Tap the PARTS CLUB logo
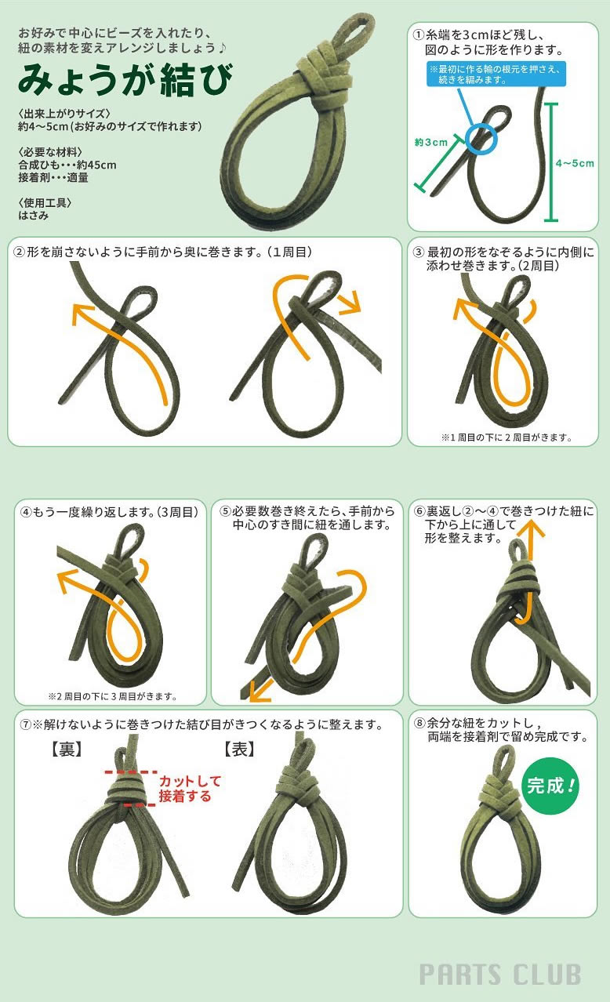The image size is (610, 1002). coord(500,975)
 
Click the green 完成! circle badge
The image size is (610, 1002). coord(550,785)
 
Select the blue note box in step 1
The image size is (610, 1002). coord(496,74)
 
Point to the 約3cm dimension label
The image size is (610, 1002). coord(431,142)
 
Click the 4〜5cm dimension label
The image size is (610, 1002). coord(575,163)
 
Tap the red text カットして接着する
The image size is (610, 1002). coord(190,789)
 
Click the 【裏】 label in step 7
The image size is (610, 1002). coord(67,750)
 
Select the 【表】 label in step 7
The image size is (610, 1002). coord(239,750)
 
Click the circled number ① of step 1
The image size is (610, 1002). coord(418,34)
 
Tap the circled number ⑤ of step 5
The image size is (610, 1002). coord(225,511)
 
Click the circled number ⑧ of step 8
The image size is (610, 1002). coord(419,722)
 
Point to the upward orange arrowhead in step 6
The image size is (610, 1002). coord(532,530)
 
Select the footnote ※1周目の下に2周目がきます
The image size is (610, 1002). coord(507,437)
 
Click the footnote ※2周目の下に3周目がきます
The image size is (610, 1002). coord(113,696)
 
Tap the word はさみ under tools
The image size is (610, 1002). coord(34,216)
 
